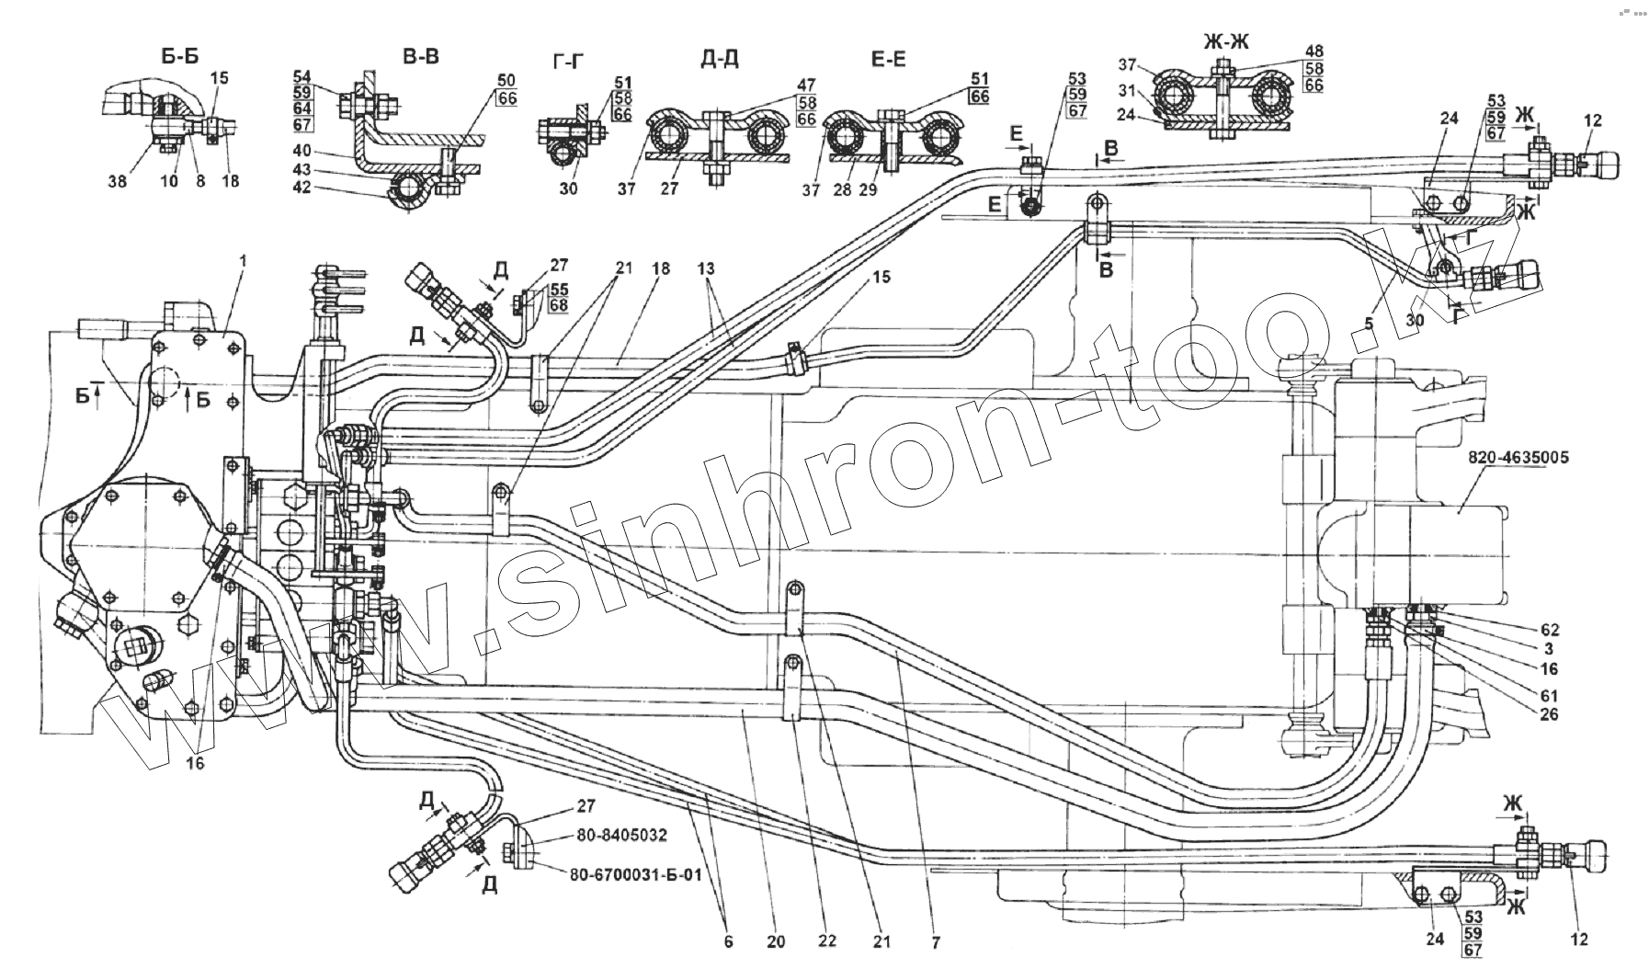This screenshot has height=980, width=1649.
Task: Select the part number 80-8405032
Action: [622, 836]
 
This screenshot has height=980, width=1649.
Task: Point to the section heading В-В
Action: [421, 56]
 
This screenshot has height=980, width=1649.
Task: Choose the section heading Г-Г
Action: [570, 61]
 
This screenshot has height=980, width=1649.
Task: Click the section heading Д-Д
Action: [719, 59]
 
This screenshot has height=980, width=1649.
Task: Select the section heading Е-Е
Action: [887, 59]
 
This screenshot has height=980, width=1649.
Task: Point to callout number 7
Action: [934, 942]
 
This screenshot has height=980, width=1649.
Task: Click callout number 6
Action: [729, 942]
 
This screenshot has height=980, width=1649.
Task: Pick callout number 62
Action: [1550, 630]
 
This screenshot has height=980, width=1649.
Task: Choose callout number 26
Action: [1550, 713]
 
